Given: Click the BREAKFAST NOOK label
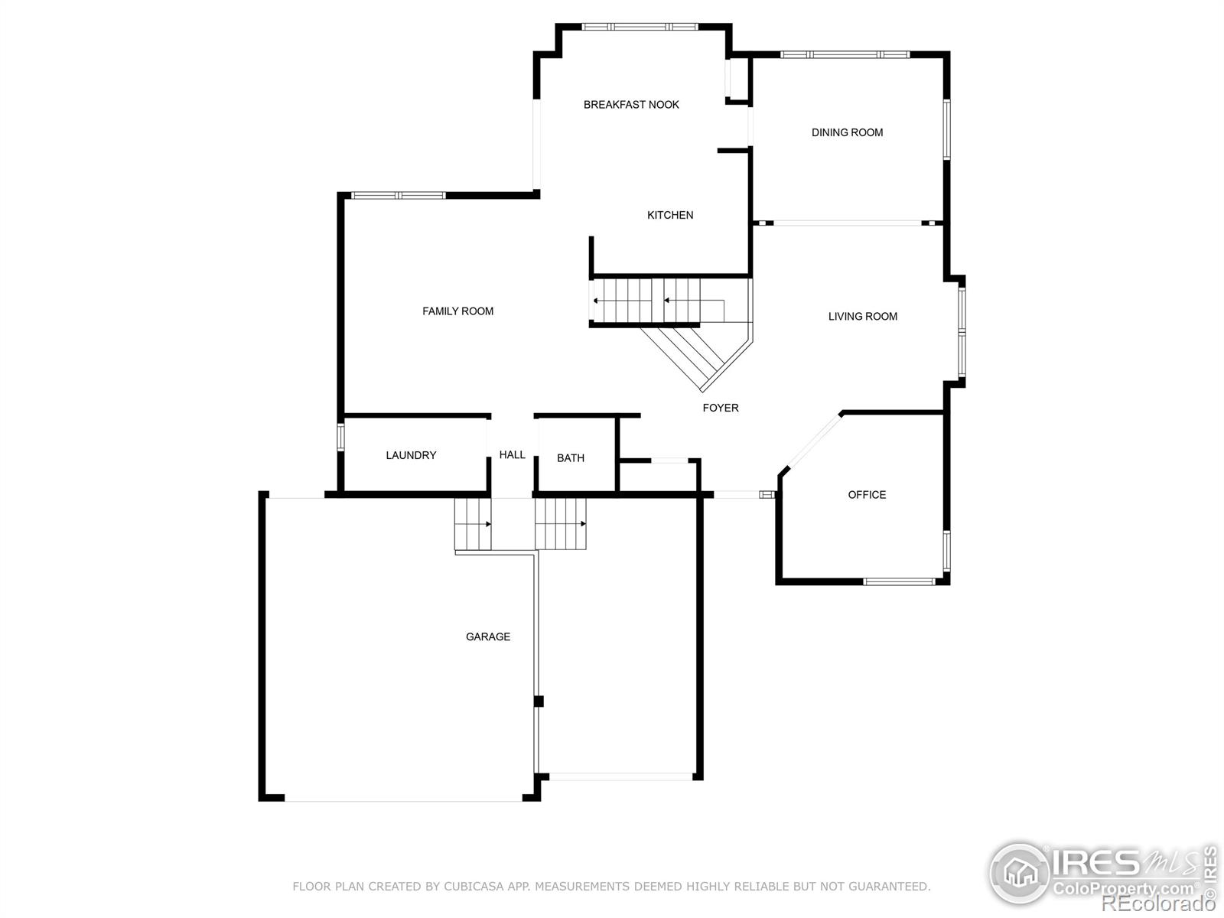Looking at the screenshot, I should [x=631, y=105].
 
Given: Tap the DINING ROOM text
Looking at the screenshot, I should [x=847, y=132].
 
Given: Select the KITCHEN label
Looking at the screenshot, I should [x=670, y=215].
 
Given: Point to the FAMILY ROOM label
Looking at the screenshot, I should [x=457, y=311].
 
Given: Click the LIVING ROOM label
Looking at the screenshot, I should [x=862, y=317].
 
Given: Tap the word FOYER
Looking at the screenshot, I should [x=721, y=408].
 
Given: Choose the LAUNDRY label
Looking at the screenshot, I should [x=411, y=455].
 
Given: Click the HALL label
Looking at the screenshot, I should [x=512, y=454].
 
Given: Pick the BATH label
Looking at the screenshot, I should [x=570, y=458].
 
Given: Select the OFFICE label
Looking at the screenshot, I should [x=867, y=495].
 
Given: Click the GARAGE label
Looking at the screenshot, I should [x=488, y=636].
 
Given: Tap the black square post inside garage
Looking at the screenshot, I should [x=539, y=701].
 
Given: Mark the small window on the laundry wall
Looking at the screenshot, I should [x=341, y=436].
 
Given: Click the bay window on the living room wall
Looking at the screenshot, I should [x=962, y=331].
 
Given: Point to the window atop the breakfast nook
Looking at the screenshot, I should [x=640, y=27].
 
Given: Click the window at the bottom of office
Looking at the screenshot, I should [x=899, y=581].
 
